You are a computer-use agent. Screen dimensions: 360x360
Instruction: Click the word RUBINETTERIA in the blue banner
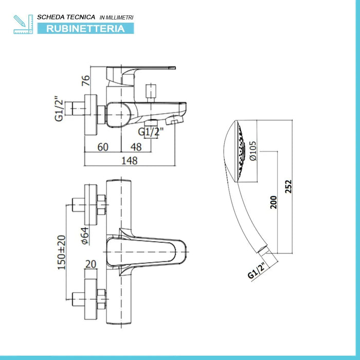click(x=86, y=29)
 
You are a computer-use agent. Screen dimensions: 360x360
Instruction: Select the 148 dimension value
click(x=130, y=160)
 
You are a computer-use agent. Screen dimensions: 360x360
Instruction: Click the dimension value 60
click(x=103, y=147)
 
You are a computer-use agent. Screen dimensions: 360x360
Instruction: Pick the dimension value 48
click(x=135, y=147)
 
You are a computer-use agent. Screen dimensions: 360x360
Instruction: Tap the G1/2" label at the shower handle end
click(x=256, y=269)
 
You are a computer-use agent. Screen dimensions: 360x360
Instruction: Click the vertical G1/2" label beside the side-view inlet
click(x=59, y=110)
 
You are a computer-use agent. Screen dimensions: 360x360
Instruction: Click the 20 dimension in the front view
click(x=91, y=263)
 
